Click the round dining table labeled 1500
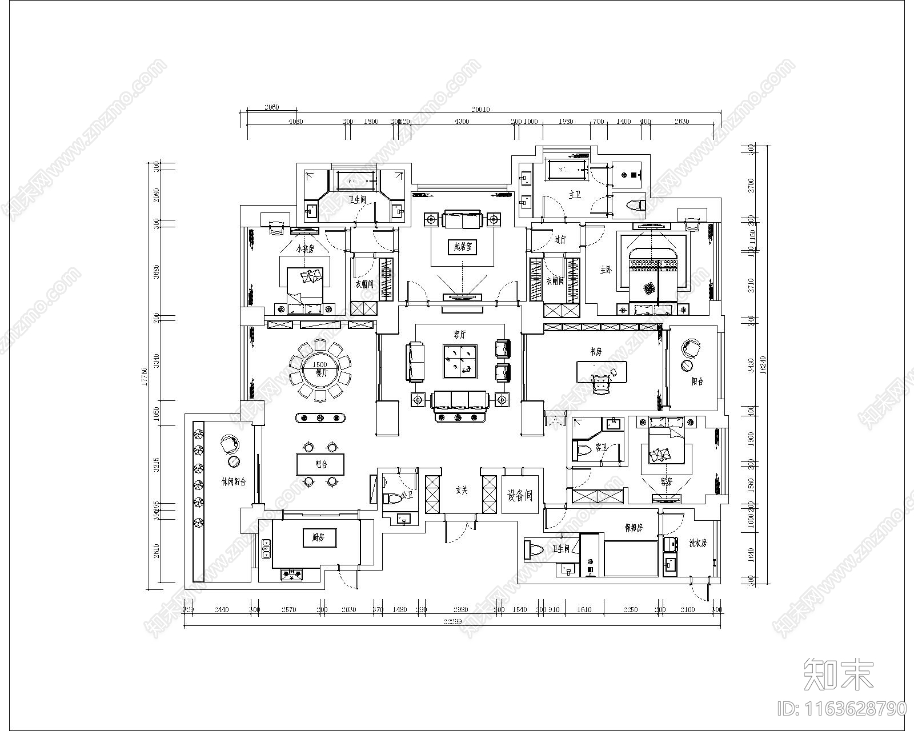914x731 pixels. point(320,369)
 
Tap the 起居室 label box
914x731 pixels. point(462,247)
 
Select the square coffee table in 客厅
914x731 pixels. point(460,361)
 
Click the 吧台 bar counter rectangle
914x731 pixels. point(320,464)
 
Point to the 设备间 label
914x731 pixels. point(520,495)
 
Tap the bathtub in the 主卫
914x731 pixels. point(567,169)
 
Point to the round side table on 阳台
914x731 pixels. point(687,365)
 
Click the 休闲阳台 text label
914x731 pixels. point(233,481)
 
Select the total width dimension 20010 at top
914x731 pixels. point(480,110)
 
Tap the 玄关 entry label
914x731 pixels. point(462,490)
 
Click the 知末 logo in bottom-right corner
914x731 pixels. point(839,674)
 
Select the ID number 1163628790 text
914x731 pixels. point(842,709)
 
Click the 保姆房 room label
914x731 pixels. point(634,528)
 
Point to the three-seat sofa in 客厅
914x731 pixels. point(460,399)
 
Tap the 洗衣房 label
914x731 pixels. point(697,543)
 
